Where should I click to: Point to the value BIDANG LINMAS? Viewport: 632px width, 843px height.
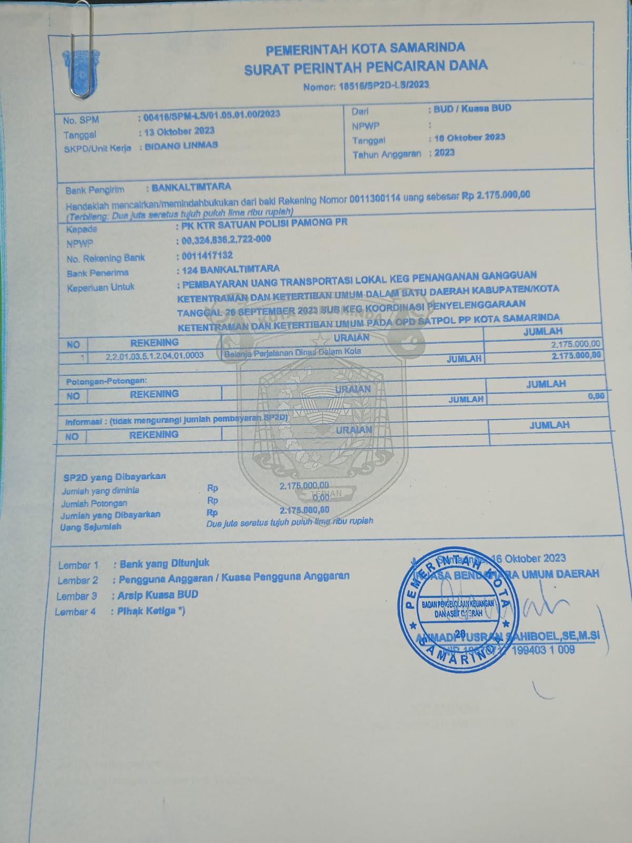[x=181, y=145]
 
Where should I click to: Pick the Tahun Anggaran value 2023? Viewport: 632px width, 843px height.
[x=445, y=153]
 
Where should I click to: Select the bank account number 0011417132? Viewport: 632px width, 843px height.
[x=207, y=256]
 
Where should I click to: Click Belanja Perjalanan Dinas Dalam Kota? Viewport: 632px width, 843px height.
[x=293, y=352]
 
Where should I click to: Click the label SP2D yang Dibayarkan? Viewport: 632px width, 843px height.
[x=114, y=477]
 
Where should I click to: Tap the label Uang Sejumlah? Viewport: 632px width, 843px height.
[x=91, y=526]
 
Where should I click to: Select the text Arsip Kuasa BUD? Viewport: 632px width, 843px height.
[x=158, y=595]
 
